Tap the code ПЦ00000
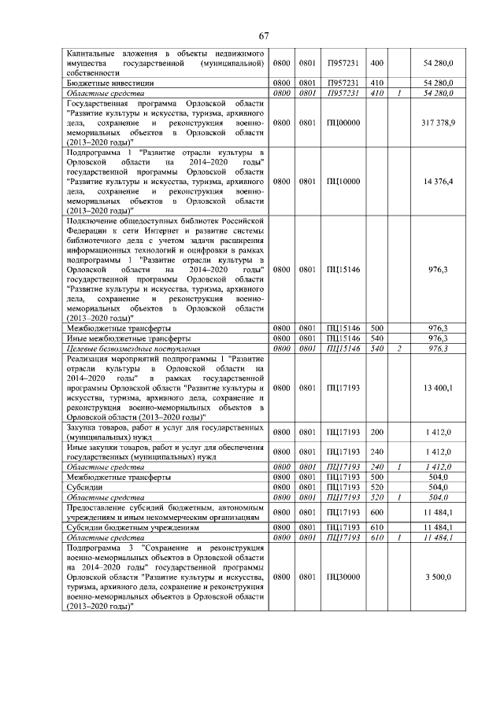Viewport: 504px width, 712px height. coord(343,124)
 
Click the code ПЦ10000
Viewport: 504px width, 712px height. coord(343,181)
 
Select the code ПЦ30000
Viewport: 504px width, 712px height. coord(343,577)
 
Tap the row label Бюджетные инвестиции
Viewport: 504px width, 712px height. coord(109,82)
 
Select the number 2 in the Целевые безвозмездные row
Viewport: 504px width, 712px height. coord(400,348)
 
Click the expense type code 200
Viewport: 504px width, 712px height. coord(376,432)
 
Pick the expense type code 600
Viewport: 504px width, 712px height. coord(376,513)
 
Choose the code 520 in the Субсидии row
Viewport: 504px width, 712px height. coord(376,487)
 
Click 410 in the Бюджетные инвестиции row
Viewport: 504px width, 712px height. coord(376,82)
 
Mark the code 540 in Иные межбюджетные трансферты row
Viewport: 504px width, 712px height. coord(376,338)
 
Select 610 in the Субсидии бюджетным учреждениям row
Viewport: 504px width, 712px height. coord(376,527)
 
